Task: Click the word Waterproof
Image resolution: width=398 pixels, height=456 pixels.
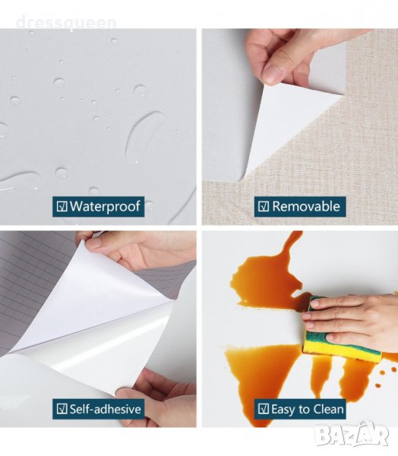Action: [106, 206]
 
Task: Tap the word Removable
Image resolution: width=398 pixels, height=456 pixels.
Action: [306, 206]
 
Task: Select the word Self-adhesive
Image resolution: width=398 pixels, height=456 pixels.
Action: [106, 409]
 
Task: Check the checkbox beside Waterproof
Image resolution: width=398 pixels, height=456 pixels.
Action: [62, 207]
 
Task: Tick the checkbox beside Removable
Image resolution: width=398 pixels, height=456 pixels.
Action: [264, 207]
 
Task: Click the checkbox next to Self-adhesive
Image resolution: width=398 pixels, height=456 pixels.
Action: [62, 409]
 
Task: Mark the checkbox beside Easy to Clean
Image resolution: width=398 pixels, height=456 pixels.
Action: [264, 409]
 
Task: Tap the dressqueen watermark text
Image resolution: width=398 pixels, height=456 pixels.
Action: [66, 23]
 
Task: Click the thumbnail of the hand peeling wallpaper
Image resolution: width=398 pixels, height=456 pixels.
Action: [300, 126]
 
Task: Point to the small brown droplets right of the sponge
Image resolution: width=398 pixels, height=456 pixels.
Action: [381, 377]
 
